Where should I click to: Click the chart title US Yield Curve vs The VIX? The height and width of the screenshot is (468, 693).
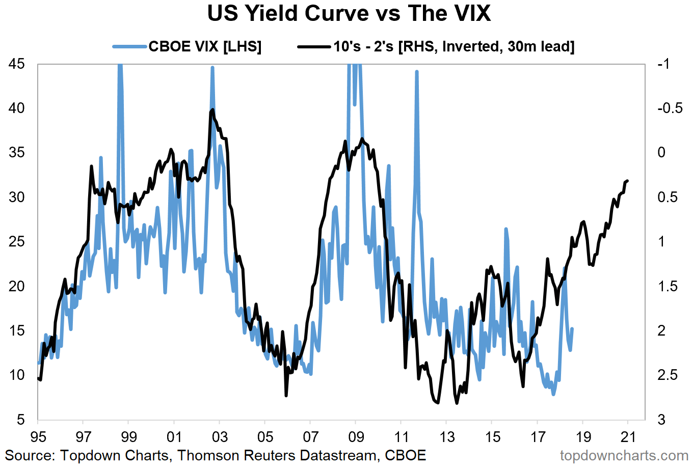coord(349,14)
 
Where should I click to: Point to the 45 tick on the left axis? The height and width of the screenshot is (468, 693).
coord(16,64)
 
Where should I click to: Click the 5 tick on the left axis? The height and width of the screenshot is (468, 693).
coord(20,420)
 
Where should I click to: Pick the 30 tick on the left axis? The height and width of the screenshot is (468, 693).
coord(16,197)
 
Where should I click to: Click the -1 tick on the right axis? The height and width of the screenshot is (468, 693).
coord(663,64)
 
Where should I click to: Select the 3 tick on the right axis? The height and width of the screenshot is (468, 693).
coord(661,420)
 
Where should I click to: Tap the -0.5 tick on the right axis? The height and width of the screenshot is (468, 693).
coord(670,108)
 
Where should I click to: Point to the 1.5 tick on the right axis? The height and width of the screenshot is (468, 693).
coord(667,286)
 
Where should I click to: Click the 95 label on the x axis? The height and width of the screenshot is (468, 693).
coord(38,437)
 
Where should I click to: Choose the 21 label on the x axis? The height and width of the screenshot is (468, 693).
coord(628,437)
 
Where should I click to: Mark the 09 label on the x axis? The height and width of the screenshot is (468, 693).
coord(356,437)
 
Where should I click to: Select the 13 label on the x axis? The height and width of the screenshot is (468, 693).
coord(447,437)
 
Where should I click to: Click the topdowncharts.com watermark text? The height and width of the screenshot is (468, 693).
coord(624,455)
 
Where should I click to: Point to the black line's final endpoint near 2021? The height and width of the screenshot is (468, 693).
coord(628,181)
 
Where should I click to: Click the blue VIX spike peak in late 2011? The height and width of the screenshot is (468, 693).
coord(417,72)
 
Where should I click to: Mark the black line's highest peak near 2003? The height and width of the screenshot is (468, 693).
coord(212,109)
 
